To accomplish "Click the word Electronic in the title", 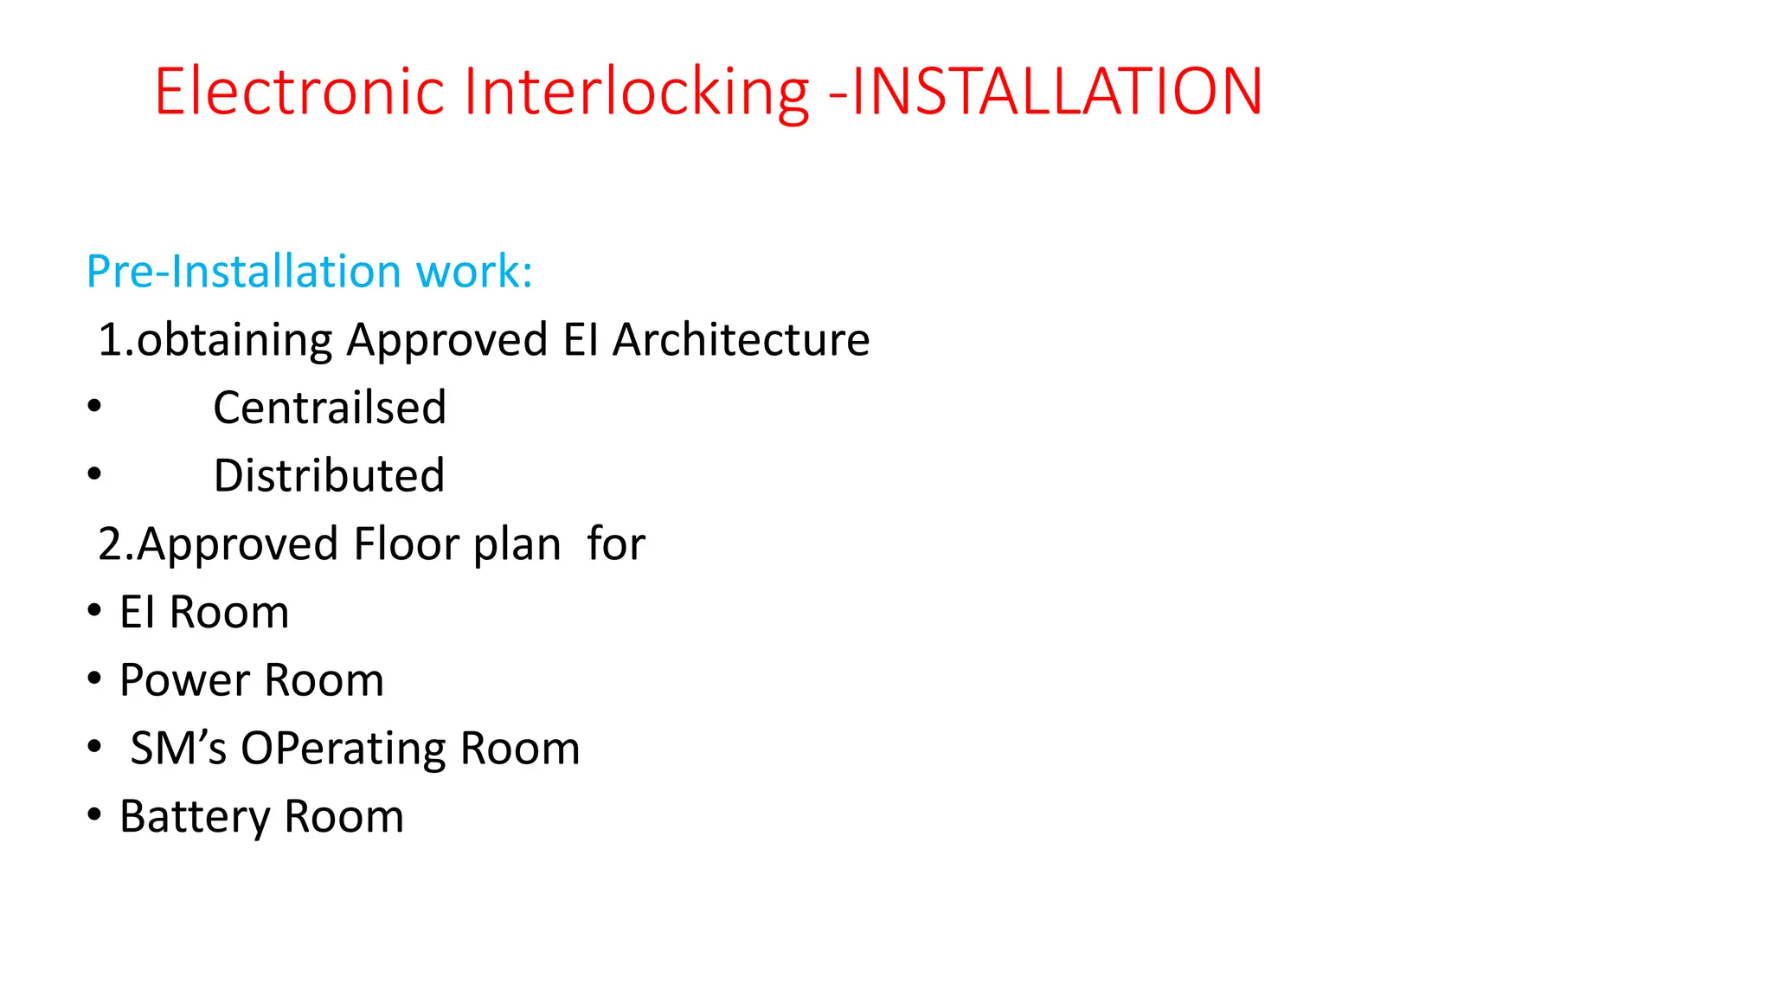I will (x=299, y=92).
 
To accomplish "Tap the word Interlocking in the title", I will (x=636, y=92).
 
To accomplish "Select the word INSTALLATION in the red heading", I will (x=1057, y=92).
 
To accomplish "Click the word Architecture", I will (x=741, y=339).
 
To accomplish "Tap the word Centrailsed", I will (x=330, y=408).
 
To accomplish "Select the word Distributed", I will (x=329, y=476).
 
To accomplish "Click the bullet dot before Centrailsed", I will (x=94, y=406).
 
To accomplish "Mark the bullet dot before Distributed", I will (x=94, y=474).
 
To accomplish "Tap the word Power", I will (x=184, y=680).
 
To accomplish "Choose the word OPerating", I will (x=343, y=749).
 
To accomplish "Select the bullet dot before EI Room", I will (x=94, y=610).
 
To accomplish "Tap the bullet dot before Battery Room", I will (x=94, y=814).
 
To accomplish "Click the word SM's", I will (x=178, y=749).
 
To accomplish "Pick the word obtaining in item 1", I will (x=234, y=339).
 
